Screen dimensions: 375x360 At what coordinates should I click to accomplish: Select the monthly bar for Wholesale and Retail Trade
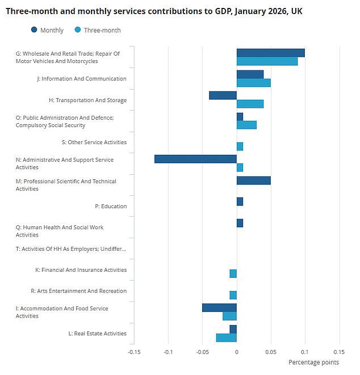tap(270, 53)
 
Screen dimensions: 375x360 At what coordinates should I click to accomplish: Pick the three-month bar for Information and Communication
tap(253, 83)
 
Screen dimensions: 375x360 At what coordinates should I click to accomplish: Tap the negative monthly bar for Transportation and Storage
tap(223, 95)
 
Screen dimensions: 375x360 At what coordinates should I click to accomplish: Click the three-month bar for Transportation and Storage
tap(250, 104)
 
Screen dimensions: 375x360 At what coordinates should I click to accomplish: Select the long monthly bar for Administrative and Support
tap(195, 159)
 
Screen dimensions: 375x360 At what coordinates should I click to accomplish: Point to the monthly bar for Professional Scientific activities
tap(253, 180)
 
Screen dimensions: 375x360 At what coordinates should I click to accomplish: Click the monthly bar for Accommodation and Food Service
tap(219, 307)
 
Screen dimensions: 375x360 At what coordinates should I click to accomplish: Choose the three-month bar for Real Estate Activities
tap(226, 338)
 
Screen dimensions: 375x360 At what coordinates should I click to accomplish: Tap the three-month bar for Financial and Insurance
tap(233, 273)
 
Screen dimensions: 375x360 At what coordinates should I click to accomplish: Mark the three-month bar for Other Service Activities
tap(240, 146)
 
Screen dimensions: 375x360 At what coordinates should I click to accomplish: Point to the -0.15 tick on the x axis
tap(134, 352)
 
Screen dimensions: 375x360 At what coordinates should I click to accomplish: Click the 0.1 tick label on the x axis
tap(305, 352)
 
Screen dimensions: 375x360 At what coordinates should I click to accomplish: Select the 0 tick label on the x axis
tap(237, 352)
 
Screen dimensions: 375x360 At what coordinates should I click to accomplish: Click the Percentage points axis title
tap(313, 363)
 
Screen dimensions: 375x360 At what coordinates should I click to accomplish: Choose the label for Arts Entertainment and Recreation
tap(78, 291)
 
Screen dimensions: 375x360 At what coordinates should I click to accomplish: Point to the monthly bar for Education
tap(240, 201)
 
